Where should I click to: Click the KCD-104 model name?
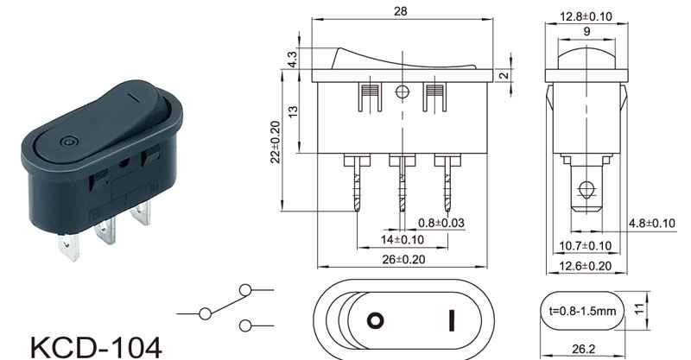(96, 348)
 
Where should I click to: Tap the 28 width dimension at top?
(400, 11)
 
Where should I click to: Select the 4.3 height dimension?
(292, 59)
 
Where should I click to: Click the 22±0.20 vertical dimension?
(276, 142)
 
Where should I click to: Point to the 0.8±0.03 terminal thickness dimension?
(441, 223)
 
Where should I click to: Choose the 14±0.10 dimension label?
(402, 240)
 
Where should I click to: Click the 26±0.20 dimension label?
(403, 260)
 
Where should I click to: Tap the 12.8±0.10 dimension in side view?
(586, 16)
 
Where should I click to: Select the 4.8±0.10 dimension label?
(651, 224)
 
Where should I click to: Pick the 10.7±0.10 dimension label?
(586, 246)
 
